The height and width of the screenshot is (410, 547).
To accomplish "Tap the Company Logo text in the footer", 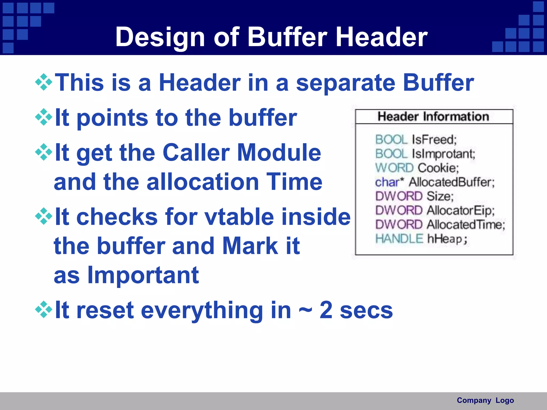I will (x=485, y=400).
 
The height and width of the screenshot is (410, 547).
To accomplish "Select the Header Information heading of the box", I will (x=433, y=117).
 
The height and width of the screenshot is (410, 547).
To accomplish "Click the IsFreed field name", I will (x=434, y=140).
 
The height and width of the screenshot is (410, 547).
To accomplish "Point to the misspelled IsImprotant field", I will (x=443, y=154).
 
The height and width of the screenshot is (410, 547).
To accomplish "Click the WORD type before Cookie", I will (x=394, y=168).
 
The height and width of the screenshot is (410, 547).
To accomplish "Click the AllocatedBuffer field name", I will (x=451, y=182).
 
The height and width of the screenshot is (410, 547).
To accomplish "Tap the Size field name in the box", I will (x=440, y=196).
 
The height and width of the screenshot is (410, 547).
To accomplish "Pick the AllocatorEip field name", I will (x=460, y=211).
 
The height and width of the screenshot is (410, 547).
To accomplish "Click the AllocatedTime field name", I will (x=466, y=225).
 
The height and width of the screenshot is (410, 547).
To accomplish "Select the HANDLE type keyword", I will (x=399, y=239).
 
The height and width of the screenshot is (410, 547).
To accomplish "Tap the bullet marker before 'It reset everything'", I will (x=44, y=310).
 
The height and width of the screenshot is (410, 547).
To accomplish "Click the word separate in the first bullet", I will (x=346, y=83).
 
